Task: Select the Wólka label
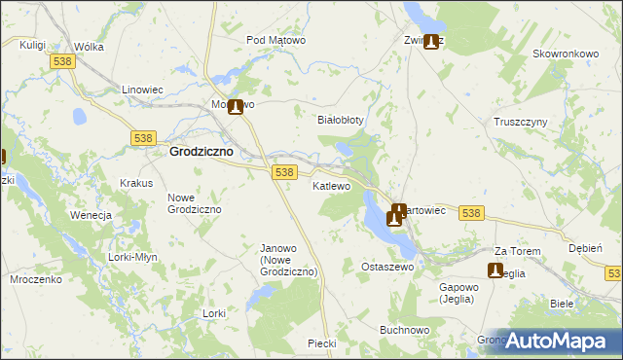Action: click(x=89, y=46)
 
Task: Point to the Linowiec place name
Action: click(x=141, y=90)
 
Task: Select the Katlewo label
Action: click(x=331, y=186)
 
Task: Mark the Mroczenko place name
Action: click(x=37, y=278)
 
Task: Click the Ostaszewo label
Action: click(x=387, y=267)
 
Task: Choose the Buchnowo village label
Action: click(x=405, y=331)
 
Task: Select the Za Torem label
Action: click(x=517, y=250)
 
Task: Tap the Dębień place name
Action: click(x=585, y=248)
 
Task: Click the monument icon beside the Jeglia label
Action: click(x=495, y=270)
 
